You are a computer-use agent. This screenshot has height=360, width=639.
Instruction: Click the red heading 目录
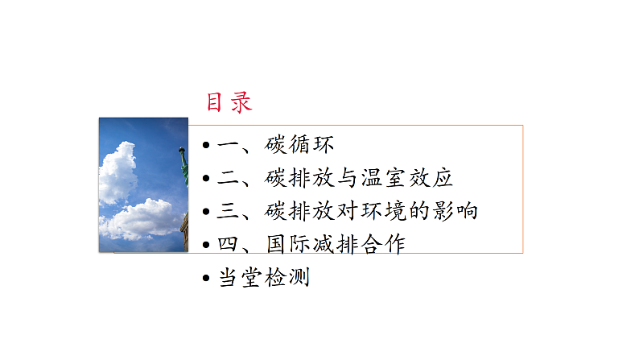point(229,102)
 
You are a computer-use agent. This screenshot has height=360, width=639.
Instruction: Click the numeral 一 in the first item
point(229,146)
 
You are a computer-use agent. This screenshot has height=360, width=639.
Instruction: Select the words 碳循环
point(299,146)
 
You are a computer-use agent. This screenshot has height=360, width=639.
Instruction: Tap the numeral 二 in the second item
point(229,179)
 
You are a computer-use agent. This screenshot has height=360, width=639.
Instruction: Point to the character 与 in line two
point(347,179)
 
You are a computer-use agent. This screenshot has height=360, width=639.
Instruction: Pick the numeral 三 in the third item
point(229,212)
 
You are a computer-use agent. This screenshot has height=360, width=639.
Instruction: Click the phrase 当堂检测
point(264,279)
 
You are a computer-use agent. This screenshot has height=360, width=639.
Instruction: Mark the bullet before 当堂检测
point(207,279)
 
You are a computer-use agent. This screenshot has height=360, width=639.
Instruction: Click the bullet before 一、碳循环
point(207,146)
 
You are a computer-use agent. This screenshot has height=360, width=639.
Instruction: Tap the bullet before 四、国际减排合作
point(207,245)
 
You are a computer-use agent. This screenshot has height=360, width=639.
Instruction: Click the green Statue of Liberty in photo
point(183,165)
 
